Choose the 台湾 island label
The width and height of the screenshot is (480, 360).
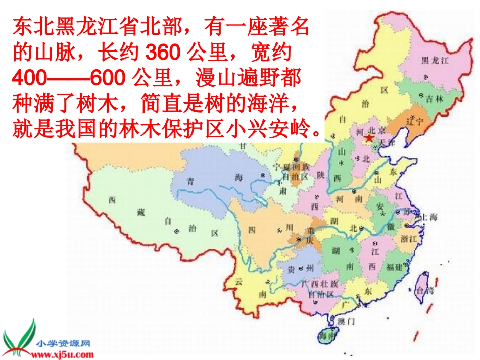423,290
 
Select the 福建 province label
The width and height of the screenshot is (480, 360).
394,266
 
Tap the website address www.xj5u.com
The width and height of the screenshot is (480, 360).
62,353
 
